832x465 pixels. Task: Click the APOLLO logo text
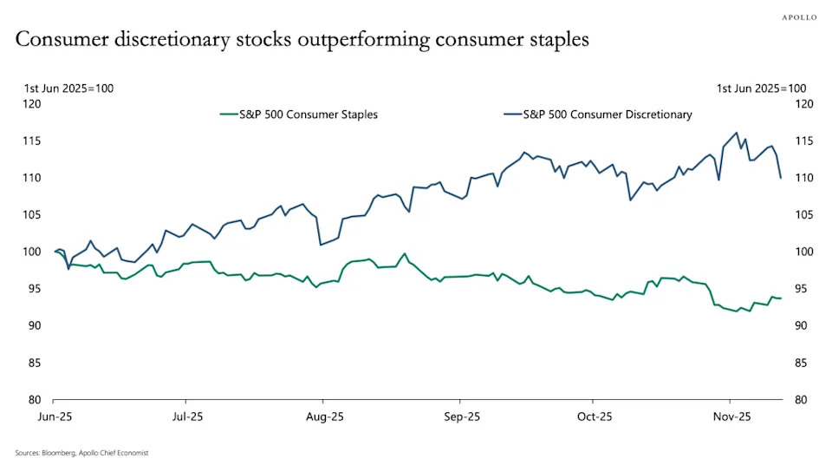[800, 16]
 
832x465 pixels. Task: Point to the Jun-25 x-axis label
[54, 416]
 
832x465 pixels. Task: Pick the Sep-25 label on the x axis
[462, 416]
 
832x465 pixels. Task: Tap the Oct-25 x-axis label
[595, 416]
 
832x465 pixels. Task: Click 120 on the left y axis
[32, 104]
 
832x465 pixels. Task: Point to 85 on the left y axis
[35, 363]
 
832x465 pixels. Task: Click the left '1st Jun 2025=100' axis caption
[68, 88]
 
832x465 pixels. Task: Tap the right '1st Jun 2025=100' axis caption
[761, 88]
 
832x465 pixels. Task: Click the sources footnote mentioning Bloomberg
[75, 453]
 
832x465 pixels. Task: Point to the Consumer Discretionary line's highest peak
[737, 133]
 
